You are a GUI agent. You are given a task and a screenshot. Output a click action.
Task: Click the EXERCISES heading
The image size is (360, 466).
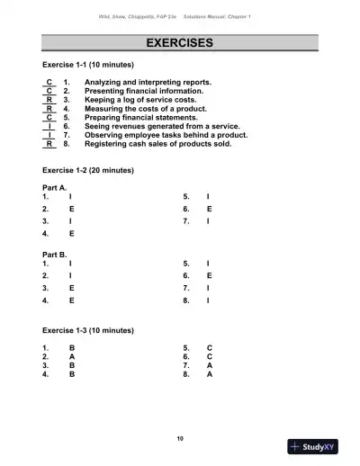179,43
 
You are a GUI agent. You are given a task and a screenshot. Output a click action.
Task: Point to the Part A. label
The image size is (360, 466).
56,186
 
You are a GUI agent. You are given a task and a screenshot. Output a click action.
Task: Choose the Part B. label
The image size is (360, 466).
56,255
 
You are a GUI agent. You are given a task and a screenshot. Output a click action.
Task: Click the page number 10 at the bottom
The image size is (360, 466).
180,437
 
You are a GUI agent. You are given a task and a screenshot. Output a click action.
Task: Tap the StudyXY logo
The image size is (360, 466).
319,446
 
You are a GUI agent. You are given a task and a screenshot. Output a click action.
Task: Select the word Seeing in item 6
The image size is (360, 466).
97,126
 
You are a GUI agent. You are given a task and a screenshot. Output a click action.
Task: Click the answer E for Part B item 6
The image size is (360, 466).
209,275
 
